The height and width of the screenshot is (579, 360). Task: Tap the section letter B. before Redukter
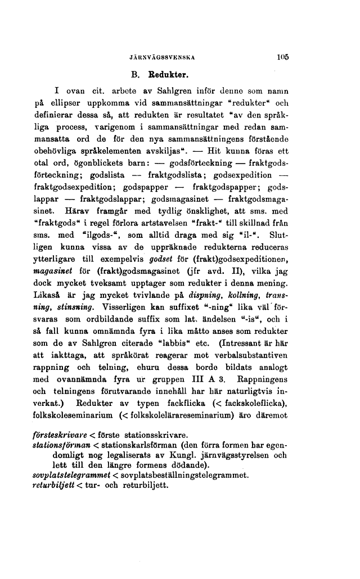point(135,74)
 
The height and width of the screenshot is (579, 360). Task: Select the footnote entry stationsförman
point(58,446)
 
